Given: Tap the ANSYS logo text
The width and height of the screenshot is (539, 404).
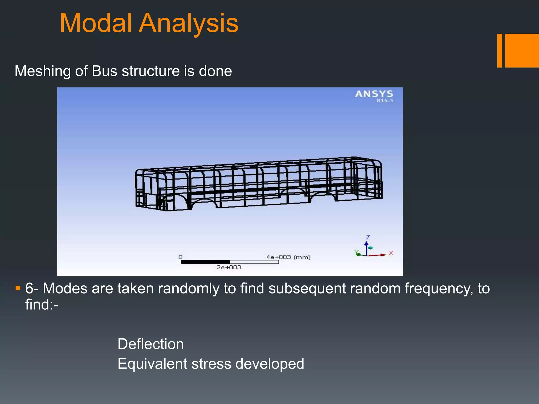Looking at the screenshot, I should coord(374,94).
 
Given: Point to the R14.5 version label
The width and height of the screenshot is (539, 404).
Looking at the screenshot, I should coord(385,101).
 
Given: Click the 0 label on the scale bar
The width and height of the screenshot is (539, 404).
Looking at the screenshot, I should coord(180,257).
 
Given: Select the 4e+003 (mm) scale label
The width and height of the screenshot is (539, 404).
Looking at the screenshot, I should coord(288,257).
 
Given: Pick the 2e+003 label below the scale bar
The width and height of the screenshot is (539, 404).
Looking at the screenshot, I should coord(229,267).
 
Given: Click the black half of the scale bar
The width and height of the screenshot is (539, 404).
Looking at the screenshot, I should coord(205,262).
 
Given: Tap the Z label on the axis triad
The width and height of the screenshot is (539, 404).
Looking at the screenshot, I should coord(368,237).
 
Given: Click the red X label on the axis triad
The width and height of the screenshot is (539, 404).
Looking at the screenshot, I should coord(391,253).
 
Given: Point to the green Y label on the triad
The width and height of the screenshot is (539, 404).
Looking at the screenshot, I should coord(356,252).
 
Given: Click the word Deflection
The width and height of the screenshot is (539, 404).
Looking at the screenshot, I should coord(151,344).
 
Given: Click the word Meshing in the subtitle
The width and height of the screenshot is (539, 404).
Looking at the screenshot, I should coord(43,71).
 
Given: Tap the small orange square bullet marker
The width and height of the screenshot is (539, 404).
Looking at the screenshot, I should coord(18,288).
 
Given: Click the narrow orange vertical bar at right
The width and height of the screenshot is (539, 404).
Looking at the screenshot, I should coord(500,50).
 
